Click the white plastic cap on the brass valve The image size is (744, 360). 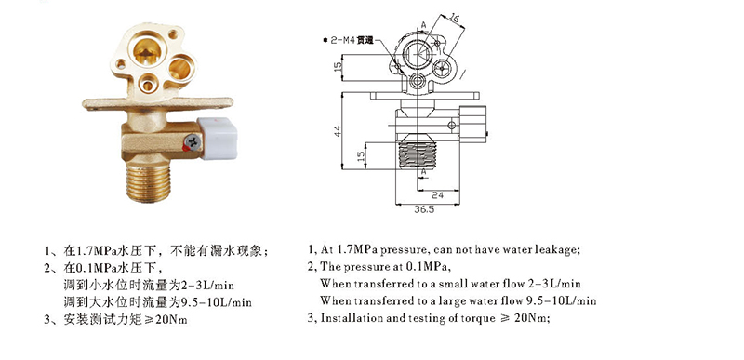click(218, 138)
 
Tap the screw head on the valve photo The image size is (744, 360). click(193, 141)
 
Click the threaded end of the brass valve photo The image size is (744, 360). click(149, 182)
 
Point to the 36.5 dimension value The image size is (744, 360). click(424, 210)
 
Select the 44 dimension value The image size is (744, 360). click(338, 131)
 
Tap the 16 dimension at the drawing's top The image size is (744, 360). click(454, 19)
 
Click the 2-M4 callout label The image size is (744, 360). click(351, 40)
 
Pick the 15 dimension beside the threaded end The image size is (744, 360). click(361, 154)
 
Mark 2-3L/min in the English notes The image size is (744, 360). click(554, 284)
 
